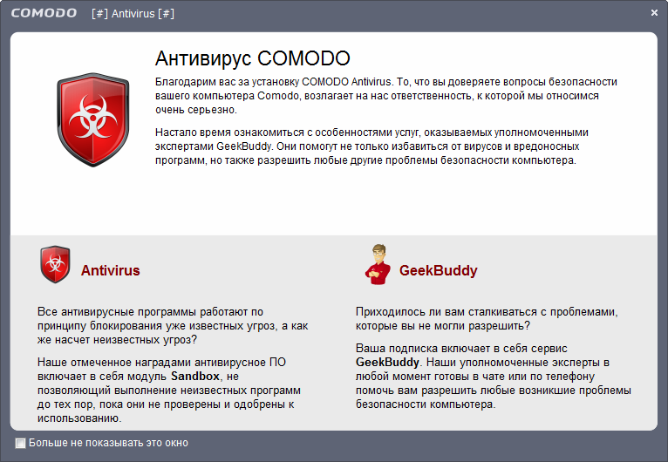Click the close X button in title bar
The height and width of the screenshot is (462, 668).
[x=654, y=13]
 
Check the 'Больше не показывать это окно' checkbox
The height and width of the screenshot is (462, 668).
[x=21, y=443]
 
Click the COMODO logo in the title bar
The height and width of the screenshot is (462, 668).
[x=43, y=13]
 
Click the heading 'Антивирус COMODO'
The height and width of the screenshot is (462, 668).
[x=252, y=58]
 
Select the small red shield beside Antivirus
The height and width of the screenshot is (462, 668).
[x=55, y=265]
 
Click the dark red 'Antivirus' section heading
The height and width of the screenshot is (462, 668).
[x=110, y=270]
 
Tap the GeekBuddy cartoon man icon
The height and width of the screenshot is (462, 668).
[x=376, y=265]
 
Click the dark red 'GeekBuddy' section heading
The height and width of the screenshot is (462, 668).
[x=438, y=270]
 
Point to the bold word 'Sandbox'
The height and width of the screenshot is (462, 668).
[x=195, y=376]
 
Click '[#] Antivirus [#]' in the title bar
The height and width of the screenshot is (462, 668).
[x=133, y=13]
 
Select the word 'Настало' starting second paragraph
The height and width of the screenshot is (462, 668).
[x=175, y=132]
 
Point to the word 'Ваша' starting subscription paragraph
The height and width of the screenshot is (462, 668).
[x=370, y=346]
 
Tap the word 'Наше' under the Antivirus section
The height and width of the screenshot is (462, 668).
[x=52, y=361]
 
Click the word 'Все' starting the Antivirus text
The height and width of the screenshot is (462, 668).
[x=47, y=311]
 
